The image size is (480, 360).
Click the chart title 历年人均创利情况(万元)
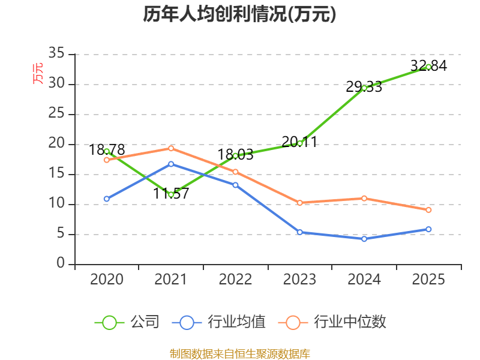tap(239, 14)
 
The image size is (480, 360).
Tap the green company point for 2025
tap(428, 67)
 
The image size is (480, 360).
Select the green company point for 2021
tap(171, 194)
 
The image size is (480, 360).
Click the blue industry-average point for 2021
tap(171, 164)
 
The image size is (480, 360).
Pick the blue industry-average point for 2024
tap(364, 239)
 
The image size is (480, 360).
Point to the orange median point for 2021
tap(171, 148)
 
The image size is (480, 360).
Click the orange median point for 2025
tap(428, 210)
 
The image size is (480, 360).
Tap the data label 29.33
tap(364, 87)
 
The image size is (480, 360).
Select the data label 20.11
tap(299, 142)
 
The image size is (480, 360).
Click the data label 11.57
tap(171, 193)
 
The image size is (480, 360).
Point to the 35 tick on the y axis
tap(56, 53)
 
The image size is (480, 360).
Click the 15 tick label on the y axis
tap(56, 173)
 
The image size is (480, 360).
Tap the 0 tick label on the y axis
tap(61, 263)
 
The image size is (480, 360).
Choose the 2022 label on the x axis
tap(235, 279)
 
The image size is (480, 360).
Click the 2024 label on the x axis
tap(364, 279)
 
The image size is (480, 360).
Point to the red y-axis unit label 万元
tap(38, 73)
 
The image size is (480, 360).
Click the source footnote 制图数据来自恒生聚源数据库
tap(240, 354)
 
